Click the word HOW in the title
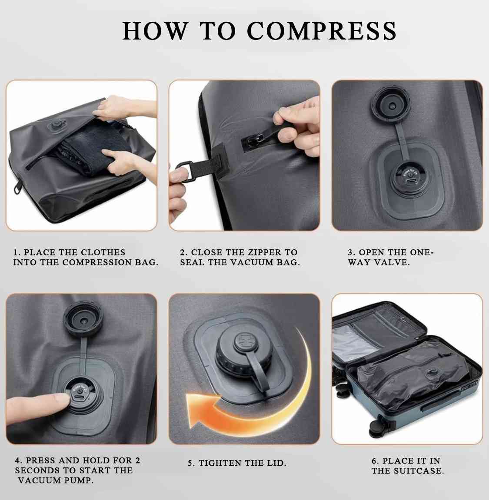tap(155, 31)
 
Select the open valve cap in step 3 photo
tap(389, 105)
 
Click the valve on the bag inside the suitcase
tap(432, 372)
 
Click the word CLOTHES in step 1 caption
tap(103, 252)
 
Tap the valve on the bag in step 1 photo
tap(55, 127)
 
